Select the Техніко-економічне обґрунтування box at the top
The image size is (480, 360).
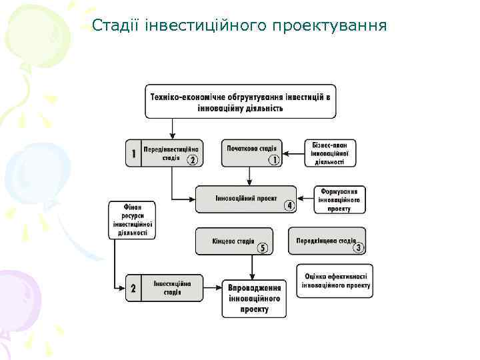tap(240, 101)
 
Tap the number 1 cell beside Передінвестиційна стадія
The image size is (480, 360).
tap(133, 153)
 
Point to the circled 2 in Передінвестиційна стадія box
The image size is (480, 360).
tap(192, 160)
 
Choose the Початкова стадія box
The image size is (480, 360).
tap(252, 153)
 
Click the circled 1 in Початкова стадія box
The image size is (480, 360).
tap(273, 160)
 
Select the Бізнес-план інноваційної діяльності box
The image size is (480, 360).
tap(329, 153)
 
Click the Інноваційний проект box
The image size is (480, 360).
tap(245, 199)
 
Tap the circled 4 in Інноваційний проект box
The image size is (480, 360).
tap(289, 206)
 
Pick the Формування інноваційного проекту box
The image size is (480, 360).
tap(339, 199)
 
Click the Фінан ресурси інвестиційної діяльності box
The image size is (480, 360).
tap(131, 220)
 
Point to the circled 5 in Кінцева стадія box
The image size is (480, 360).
tap(263, 249)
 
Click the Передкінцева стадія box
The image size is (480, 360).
tap(327, 241)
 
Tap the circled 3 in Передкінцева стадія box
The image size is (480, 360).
tap(359, 249)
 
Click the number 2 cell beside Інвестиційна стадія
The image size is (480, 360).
tap(133, 289)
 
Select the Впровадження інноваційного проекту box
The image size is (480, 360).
tap(253, 298)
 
